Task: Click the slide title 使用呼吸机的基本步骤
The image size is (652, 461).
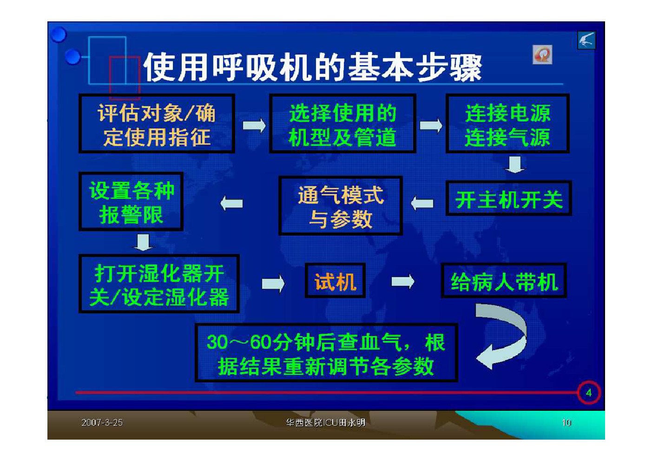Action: click(313, 67)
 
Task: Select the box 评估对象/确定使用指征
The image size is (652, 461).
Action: click(157, 124)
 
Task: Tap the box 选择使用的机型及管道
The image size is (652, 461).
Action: click(342, 124)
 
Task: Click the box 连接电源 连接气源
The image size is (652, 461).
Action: click(507, 124)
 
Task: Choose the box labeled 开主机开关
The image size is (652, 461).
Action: click(509, 198)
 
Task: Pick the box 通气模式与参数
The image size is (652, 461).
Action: click(341, 205)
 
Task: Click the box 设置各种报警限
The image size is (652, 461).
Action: click(131, 201)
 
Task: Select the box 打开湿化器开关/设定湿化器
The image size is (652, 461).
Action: click(159, 284)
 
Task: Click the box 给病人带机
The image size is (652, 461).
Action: click(504, 281)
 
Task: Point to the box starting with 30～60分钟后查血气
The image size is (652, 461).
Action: click(326, 353)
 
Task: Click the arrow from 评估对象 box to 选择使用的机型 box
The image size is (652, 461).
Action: click(254, 126)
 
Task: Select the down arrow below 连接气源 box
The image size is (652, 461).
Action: click(515, 165)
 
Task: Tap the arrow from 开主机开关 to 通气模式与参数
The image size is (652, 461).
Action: click(422, 203)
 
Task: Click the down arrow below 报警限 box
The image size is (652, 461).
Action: click(143, 242)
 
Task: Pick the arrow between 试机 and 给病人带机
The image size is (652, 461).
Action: click(403, 282)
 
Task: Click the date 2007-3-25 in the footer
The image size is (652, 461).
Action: click(102, 422)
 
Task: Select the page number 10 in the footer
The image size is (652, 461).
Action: click(566, 422)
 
